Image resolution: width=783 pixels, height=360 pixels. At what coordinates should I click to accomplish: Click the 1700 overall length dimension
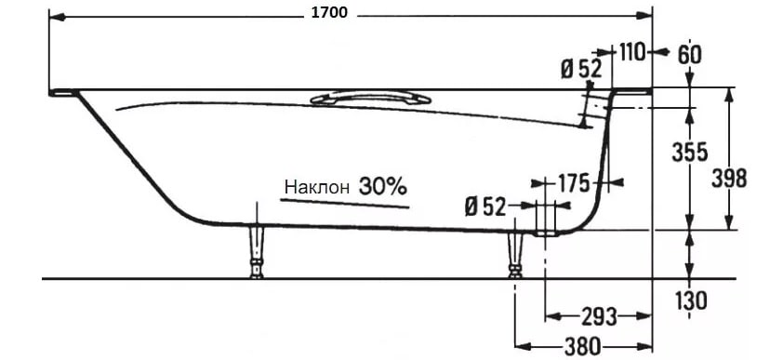(x=329, y=13)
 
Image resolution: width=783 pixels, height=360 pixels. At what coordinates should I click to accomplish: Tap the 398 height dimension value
(x=730, y=179)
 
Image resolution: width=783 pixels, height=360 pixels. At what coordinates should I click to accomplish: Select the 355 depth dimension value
(x=690, y=153)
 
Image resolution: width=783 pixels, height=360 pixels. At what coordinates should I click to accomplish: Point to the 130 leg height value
(x=691, y=300)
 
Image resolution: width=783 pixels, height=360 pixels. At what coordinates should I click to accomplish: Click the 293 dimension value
(x=599, y=316)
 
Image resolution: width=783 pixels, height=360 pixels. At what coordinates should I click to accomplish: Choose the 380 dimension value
(x=583, y=345)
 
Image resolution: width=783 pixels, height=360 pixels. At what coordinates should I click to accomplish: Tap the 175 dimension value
(x=573, y=182)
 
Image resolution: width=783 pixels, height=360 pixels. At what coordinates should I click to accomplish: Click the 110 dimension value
(x=632, y=52)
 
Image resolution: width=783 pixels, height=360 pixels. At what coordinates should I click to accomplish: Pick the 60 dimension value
(x=690, y=54)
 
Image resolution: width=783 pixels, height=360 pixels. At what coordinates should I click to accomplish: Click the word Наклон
(x=317, y=188)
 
